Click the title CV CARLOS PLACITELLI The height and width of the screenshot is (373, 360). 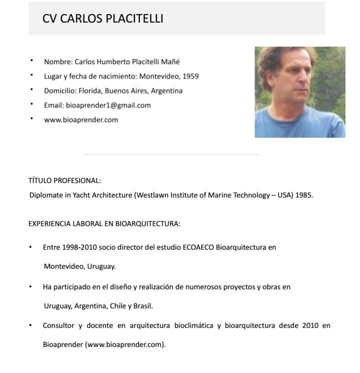click(103, 19)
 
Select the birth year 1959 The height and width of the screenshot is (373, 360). click(190, 77)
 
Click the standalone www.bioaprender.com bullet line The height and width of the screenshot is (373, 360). click(81, 120)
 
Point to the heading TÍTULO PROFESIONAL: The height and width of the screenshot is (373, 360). click(65, 180)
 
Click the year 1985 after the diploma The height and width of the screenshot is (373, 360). click(304, 195)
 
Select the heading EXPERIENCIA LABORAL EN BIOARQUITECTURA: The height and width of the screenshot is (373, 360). click(104, 224)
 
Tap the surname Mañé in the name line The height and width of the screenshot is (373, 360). click(170, 62)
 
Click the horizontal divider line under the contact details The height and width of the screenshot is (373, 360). click(170, 154)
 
